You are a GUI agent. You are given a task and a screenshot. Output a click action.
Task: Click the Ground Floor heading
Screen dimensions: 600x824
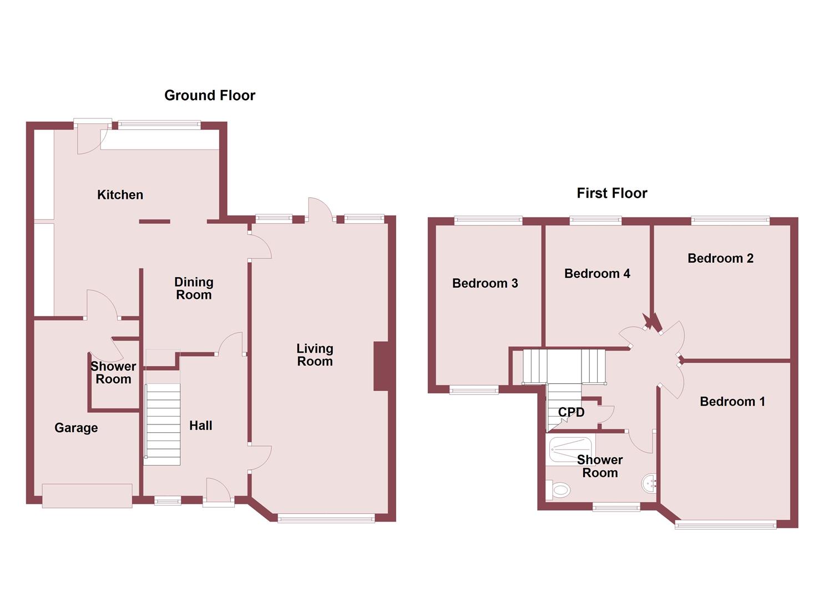pyautogui.click(x=210, y=96)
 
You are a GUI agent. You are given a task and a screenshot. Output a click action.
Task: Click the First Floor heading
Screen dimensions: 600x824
pyautogui.click(x=611, y=193)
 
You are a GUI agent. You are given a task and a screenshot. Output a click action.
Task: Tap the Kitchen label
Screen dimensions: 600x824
pyautogui.click(x=120, y=195)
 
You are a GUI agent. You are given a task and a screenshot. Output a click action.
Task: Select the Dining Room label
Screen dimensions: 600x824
pyautogui.click(x=194, y=288)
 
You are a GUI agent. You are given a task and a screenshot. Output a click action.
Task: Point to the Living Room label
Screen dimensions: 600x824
pyautogui.click(x=315, y=355)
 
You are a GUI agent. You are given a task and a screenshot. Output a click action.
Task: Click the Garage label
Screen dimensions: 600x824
pyautogui.click(x=76, y=428)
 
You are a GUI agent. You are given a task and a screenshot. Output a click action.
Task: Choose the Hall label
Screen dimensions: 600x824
pyautogui.click(x=200, y=426)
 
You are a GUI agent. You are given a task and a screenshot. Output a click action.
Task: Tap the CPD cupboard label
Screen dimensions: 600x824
pyautogui.click(x=571, y=412)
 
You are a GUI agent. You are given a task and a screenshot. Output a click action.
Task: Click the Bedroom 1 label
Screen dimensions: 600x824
pyautogui.click(x=732, y=402)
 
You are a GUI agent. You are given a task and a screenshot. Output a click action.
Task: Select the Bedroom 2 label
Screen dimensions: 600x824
pyautogui.click(x=720, y=258)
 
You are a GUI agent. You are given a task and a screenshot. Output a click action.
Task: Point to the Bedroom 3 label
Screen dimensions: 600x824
pyautogui.click(x=485, y=283)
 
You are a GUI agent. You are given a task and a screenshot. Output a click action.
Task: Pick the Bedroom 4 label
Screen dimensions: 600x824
pyautogui.click(x=597, y=273)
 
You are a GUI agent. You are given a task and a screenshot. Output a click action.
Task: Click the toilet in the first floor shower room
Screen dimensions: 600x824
pyautogui.click(x=559, y=490)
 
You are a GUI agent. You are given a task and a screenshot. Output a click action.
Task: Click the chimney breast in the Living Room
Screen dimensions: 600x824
pyautogui.click(x=381, y=366)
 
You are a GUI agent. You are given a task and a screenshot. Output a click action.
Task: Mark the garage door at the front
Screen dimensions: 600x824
pyautogui.click(x=87, y=495)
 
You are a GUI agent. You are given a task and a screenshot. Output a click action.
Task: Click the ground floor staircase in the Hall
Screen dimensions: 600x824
pyautogui.click(x=163, y=424)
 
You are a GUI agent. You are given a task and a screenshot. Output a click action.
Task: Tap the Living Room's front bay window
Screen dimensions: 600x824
pyautogui.click(x=326, y=519)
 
